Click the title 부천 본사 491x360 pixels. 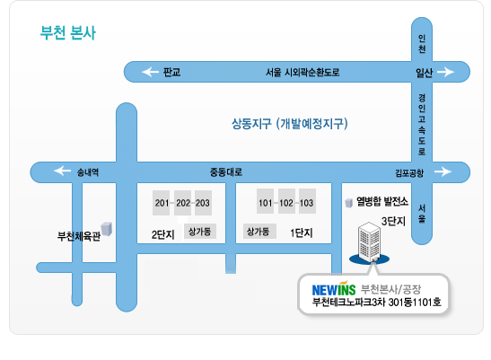pos(67,32)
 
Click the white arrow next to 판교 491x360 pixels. pos(150,72)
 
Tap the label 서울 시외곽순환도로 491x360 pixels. pos(302,73)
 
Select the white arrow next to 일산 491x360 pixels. pos(445,72)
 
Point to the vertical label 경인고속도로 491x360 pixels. pos(422,125)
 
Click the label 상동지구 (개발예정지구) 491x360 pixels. pos(290,124)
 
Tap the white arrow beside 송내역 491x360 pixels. pos(62,171)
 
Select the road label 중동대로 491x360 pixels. pos(226,171)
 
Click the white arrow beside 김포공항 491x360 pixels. pos(443,171)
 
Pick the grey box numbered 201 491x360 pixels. pos(161,203)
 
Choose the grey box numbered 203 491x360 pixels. pos(203,203)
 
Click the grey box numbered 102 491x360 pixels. pos(286,201)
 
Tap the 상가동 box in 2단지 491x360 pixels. pos(200,232)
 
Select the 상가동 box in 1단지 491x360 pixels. pos(259,232)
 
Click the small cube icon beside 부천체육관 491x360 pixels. pos(107,229)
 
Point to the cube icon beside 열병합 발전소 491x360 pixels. pos(348,203)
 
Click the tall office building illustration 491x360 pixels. pos(370,242)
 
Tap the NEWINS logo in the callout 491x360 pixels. pos(334,288)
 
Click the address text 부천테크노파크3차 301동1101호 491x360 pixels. pos(377,302)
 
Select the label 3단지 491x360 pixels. pos(393,221)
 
